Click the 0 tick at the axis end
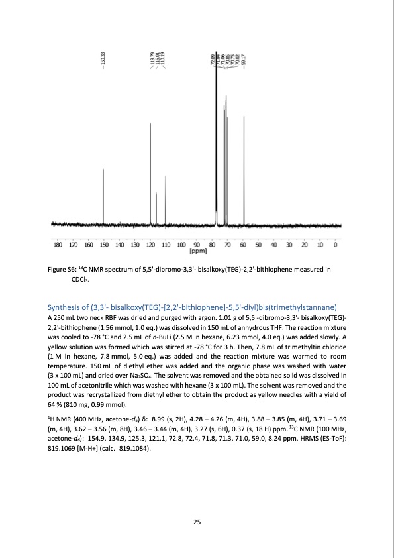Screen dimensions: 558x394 click(336, 245)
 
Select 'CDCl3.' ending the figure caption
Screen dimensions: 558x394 click(81, 280)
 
